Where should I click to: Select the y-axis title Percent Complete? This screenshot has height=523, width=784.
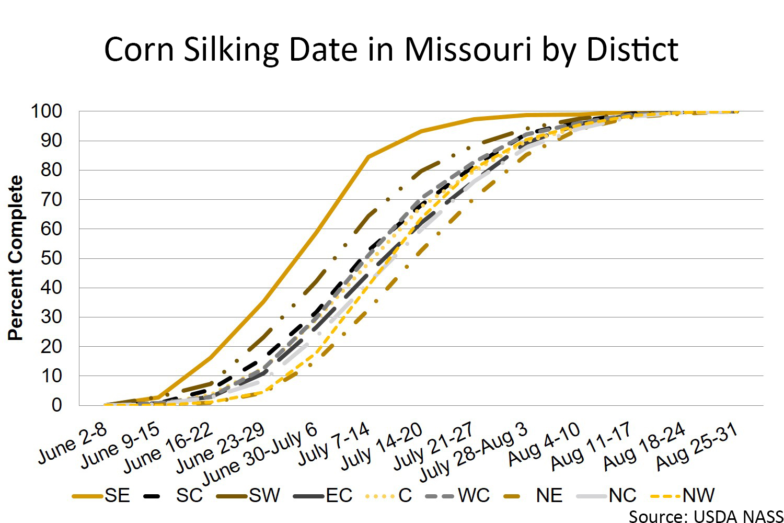[16, 258]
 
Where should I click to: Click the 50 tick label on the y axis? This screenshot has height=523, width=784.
[51, 258]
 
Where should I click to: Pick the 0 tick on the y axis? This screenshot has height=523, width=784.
[56, 405]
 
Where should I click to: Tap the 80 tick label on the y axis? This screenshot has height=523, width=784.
[51, 170]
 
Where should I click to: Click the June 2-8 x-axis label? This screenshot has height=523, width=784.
[73, 444]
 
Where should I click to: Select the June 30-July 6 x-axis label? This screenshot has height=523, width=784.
[260, 453]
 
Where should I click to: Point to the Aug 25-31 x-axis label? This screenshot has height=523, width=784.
[697, 446]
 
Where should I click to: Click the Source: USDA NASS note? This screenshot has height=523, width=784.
[706, 516]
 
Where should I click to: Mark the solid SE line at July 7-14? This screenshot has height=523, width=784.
[368, 156]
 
